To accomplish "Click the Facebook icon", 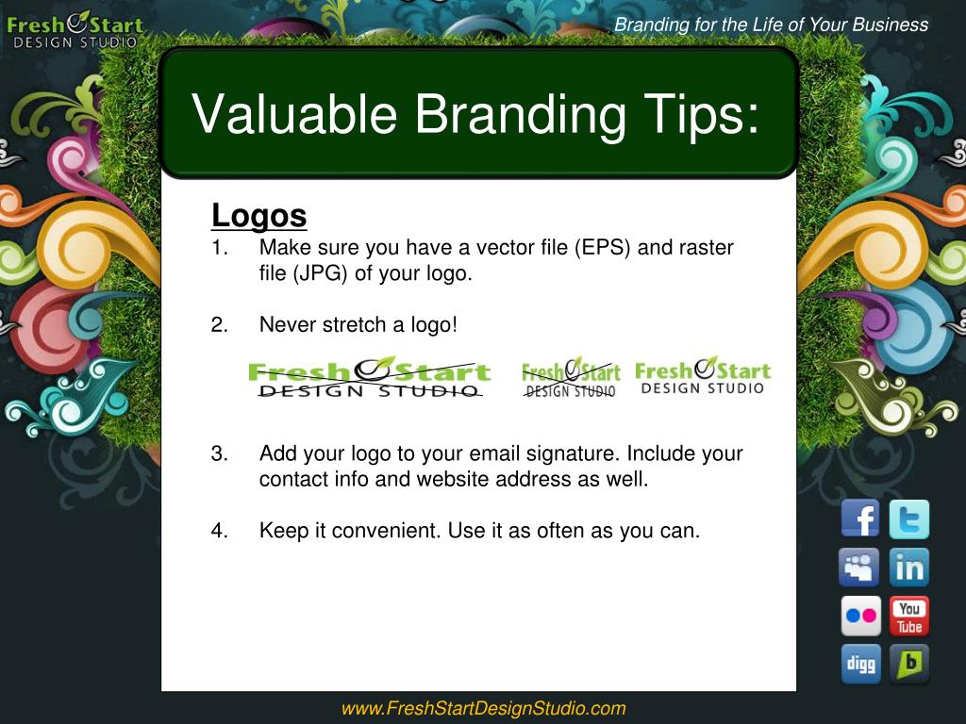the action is (860, 518).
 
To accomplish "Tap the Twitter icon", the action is (908, 519).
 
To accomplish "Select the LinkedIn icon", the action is (908, 567).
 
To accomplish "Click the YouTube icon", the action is (908, 616).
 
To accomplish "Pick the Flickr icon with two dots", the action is (860, 616).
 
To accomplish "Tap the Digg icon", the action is (860, 664).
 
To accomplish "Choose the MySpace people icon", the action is (858, 567).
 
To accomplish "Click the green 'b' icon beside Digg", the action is (908, 664).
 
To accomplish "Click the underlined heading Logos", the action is (258, 216).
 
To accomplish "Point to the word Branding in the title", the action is (520, 114).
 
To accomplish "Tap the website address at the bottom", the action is (483, 708).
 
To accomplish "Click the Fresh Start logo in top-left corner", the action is (75, 30).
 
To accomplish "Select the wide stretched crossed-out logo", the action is (369, 377).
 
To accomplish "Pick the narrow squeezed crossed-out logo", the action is (571, 377).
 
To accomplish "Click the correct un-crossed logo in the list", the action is (703, 375).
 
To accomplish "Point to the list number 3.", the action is (219, 453).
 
